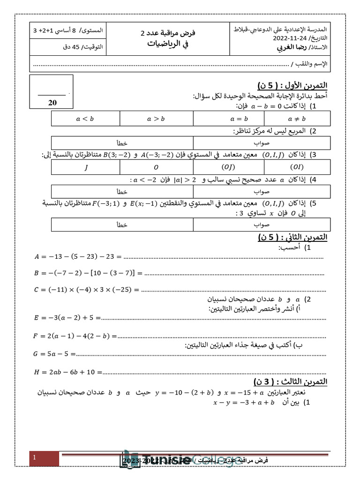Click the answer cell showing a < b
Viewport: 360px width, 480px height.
tap(85, 119)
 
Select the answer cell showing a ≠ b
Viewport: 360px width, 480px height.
tap(297, 119)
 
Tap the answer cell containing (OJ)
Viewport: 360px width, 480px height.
tap(228, 167)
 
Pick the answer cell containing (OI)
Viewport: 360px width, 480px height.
tap(297, 167)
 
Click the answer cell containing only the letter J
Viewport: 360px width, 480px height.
tap(85, 167)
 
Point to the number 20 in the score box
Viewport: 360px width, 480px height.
tap(52, 103)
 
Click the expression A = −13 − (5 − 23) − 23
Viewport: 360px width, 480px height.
tap(78, 256)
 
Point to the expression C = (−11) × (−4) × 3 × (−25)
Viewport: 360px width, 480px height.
tap(87, 290)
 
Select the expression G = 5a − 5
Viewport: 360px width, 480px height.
tap(54, 354)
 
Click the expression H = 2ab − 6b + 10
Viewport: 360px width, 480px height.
tap(68, 372)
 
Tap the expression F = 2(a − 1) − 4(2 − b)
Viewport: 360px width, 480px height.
tap(75, 336)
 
